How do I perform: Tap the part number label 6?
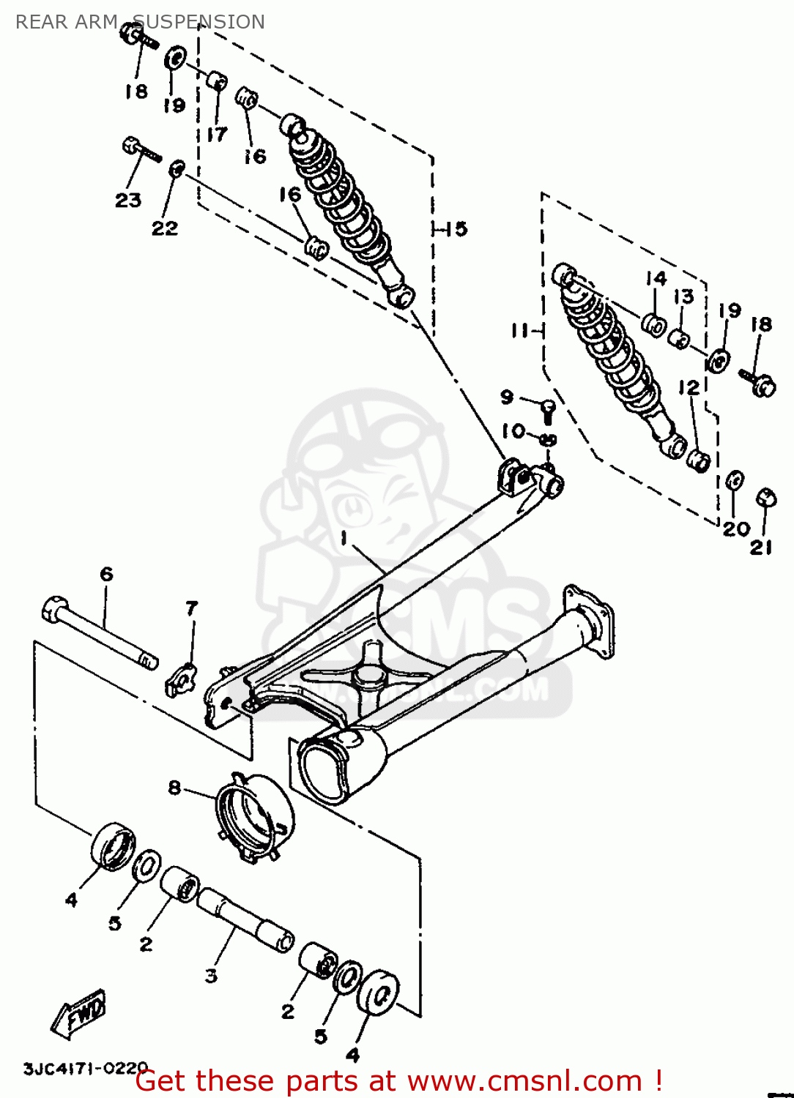pyautogui.click(x=107, y=574)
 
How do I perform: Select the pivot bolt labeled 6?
pyautogui.click(x=100, y=634)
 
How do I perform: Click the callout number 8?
pyautogui.click(x=174, y=788)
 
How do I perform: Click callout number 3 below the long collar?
pyautogui.click(x=211, y=975)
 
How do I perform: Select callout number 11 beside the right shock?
pyautogui.click(x=520, y=331)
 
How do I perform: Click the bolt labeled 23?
pyautogui.click(x=141, y=151)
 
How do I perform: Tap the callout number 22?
pyautogui.click(x=165, y=228)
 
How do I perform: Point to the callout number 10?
pyautogui.click(x=513, y=431)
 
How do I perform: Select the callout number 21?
pyautogui.click(x=761, y=546)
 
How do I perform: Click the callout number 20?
pyautogui.click(x=735, y=529)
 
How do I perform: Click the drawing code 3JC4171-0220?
pyautogui.click(x=86, y=1068)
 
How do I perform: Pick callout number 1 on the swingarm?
pyautogui.click(x=344, y=539)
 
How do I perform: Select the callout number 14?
pyautogui.click(x=656, y=279)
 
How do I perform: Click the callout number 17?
pyautogui.click(x=216, y=134)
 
